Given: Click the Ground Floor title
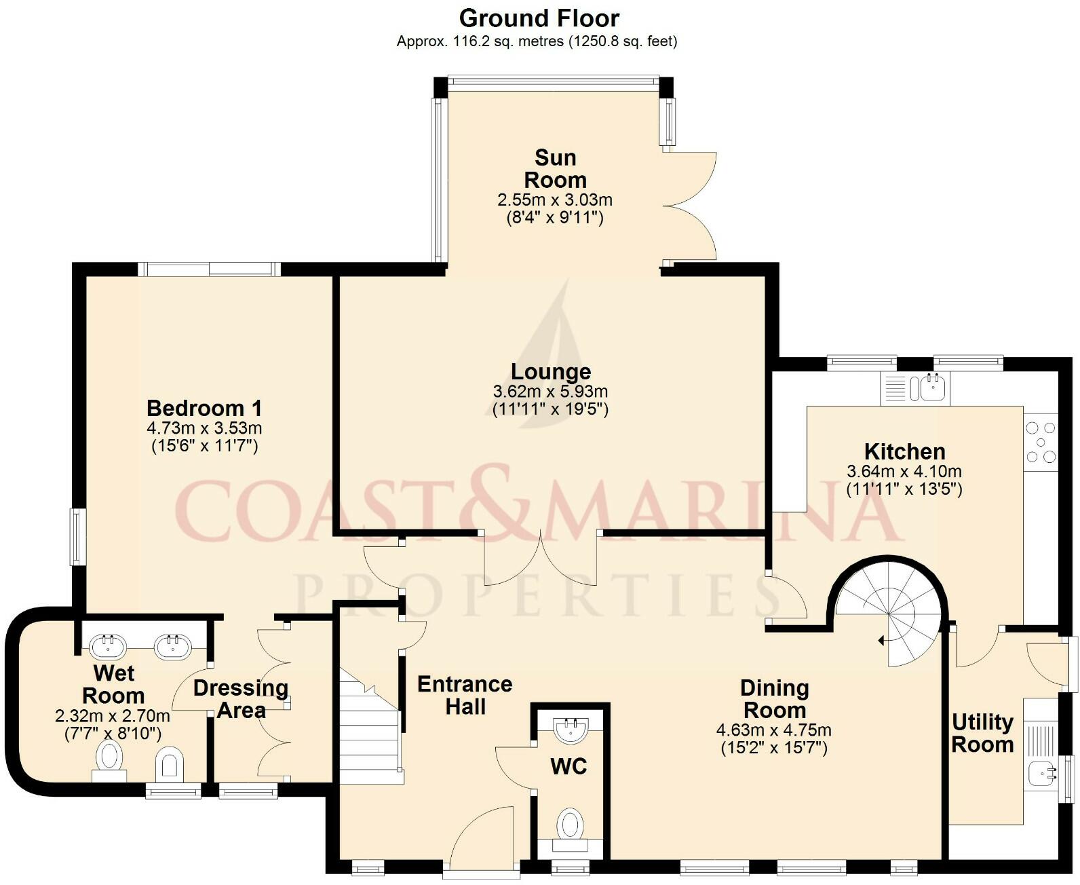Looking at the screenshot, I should [539, 18].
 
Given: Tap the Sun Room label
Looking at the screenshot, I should [555, 169].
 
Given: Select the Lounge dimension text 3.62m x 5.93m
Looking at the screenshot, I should [550, 392].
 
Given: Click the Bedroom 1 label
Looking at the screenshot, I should [204, 408].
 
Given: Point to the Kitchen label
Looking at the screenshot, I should [904, 451].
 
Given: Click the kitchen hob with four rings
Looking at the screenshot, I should [1041, 442].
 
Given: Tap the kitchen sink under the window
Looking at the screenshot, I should [931, 388].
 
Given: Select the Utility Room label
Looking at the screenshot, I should [982, 733].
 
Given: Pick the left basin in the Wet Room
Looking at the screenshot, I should [107, 646].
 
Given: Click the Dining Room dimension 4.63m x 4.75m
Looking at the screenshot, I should [773, 730].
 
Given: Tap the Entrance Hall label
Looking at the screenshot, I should [465, 695].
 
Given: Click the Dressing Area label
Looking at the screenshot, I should [241, 699].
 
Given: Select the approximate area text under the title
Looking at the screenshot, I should [537, 41].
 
